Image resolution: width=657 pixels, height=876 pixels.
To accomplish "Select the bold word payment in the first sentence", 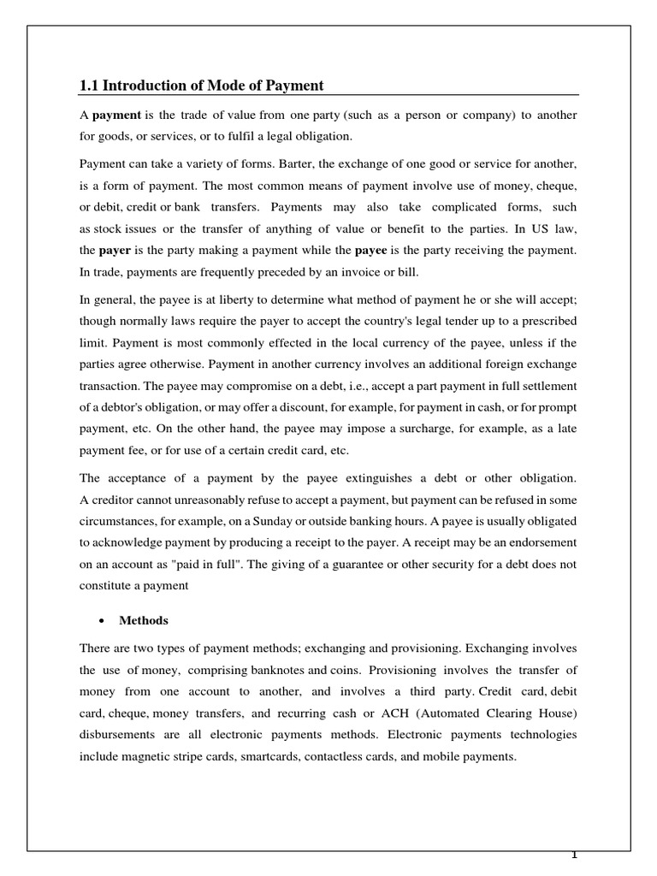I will coord(116,115).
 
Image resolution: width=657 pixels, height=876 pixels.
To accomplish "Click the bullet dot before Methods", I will coord(102,621).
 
